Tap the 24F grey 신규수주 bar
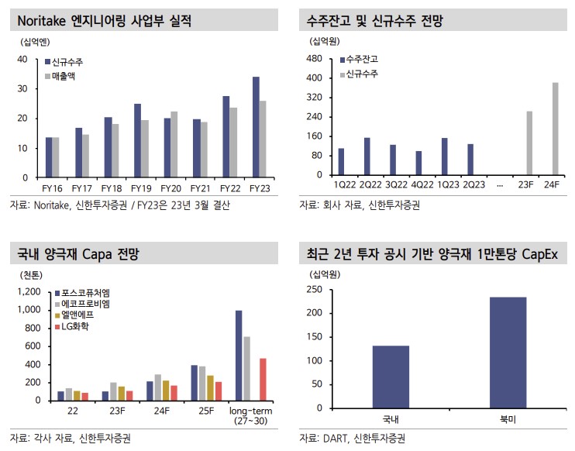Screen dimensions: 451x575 (x=555, y=129)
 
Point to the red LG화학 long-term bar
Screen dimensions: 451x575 (x=263, y=379)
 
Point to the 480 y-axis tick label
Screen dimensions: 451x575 (x=315, y=59)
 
